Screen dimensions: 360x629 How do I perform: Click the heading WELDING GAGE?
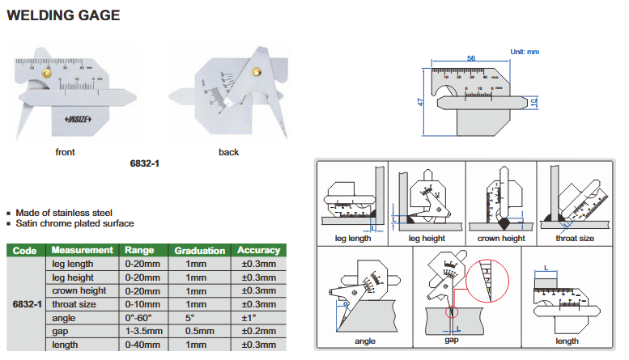pos(63,15)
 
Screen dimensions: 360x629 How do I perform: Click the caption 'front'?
pos(66,152)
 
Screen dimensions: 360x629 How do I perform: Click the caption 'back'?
pos(228,152)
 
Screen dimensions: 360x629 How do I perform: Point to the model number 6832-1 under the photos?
pos(145,163)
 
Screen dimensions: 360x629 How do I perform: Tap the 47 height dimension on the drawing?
pos(422,104)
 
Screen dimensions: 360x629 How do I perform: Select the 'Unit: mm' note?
pos(524,52)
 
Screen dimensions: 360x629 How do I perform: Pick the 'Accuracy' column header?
pos(258,251)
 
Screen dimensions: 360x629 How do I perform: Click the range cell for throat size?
pos(142,304)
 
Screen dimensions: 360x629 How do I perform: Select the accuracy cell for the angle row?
pos(258,318)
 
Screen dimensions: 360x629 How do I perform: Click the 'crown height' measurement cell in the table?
pos(79,291)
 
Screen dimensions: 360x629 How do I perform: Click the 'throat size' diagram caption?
pos(575,239)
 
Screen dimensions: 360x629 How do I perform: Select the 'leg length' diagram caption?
pos(352,239)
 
